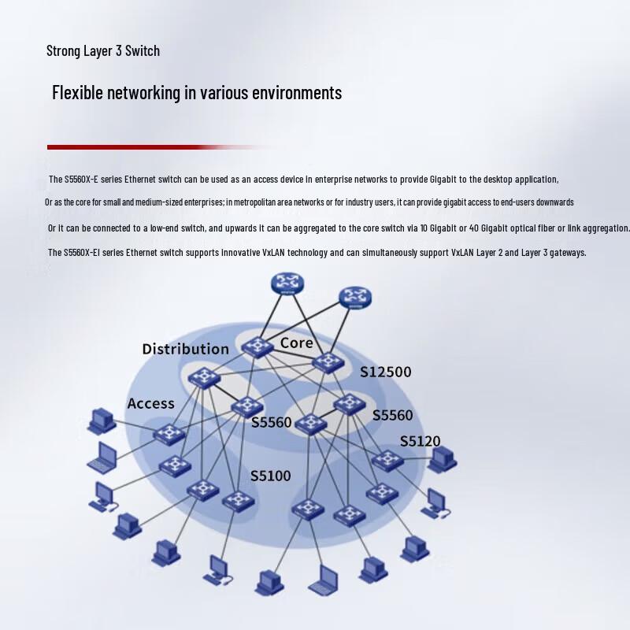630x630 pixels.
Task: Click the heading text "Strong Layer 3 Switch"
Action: (x=103, y=51)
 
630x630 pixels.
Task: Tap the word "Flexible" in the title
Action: (x=77, y=92)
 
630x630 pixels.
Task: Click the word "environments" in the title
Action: (x=297, y=92)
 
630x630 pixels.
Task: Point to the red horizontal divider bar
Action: (x=157, y=147)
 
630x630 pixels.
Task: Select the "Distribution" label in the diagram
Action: (x=186, y=349)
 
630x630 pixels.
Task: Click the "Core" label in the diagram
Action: (x=297, y=343)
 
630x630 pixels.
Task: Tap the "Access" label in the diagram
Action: (x=150, y=403)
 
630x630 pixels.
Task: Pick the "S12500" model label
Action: (x=385, y=372)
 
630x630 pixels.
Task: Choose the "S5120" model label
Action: (x=420, y=441)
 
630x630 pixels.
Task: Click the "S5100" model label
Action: (x=270, y=476)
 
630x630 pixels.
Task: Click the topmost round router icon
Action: (x=287, y=283)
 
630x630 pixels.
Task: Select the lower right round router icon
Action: (x=355, y=298)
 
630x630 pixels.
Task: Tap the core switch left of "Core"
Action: (x=258, y=346)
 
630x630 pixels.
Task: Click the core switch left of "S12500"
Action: (x=328, y=362)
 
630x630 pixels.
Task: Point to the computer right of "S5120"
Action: (x=442, y=460)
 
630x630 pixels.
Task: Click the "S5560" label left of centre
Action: (x=271, y=422)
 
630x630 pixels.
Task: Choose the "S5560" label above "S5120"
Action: (x=392, y=415)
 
